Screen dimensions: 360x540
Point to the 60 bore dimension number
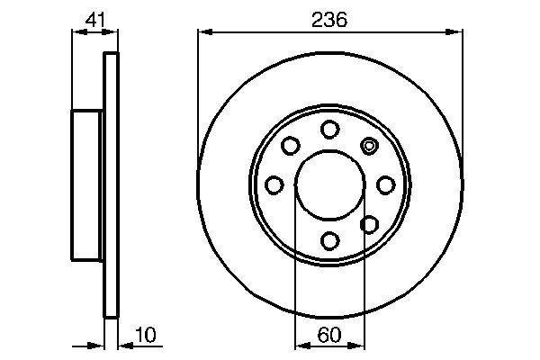[x=330, y=336]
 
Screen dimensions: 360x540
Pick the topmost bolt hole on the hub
[x=330, y=128]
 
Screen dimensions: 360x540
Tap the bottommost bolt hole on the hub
[x=330, y=240]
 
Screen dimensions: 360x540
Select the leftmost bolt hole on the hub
[x=274, y=184]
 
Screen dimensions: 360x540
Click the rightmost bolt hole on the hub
[x=386, y=184]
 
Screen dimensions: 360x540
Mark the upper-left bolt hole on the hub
[x=291, y=145]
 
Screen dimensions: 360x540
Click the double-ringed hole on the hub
[x=369, y=145]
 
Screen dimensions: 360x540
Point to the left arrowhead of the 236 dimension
[x=203, y=33]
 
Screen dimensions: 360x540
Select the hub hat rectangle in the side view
[x=88, y=184]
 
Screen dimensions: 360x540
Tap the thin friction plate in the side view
[x=112, y=184]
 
